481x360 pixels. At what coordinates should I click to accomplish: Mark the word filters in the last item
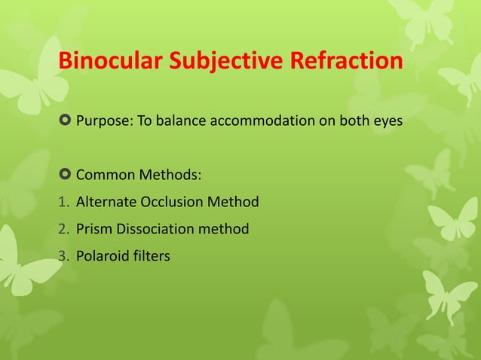pyautogui.click(x=152, y=256)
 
